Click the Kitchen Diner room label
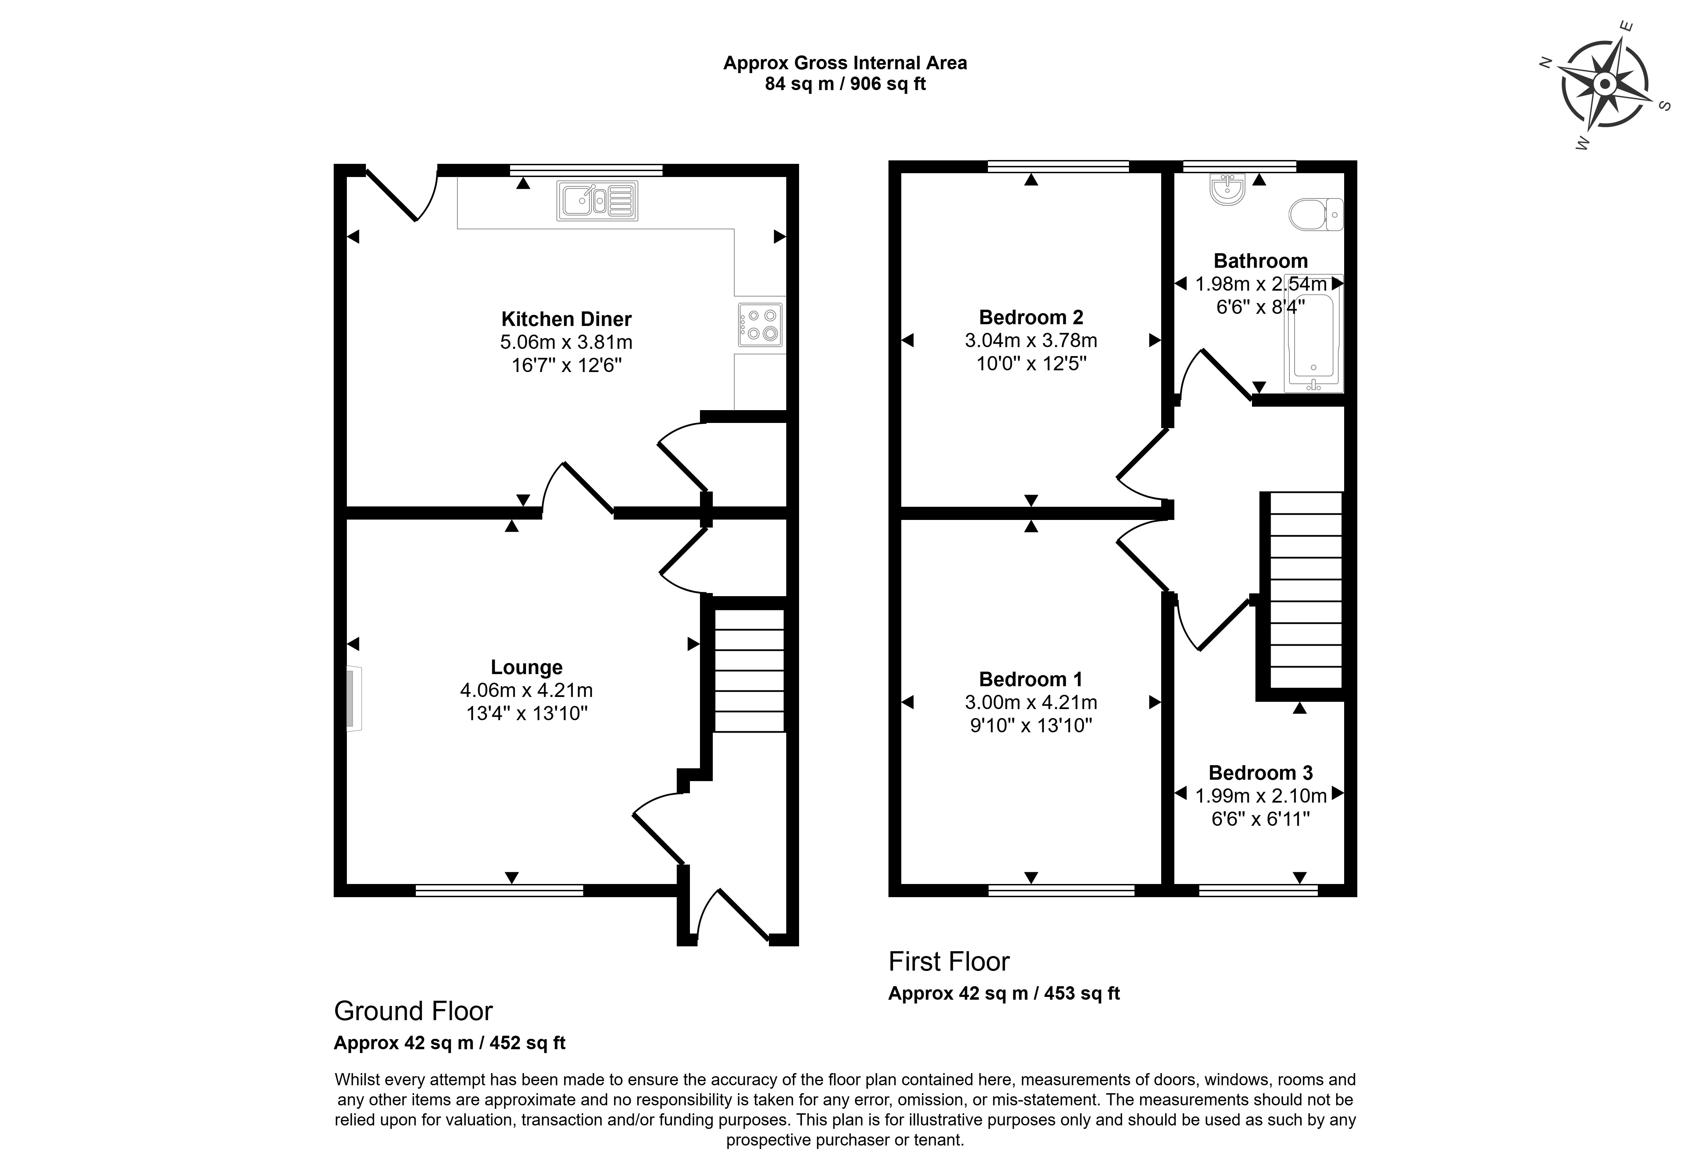(x=566, y=319)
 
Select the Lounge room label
(x=527, y=667)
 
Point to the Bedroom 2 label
(x=1030, y=317)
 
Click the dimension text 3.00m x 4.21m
(x=1030, y=702)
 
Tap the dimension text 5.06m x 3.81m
(x=566, y=343)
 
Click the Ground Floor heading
(x=413, y=1011)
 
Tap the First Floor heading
(x=949, y=962)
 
